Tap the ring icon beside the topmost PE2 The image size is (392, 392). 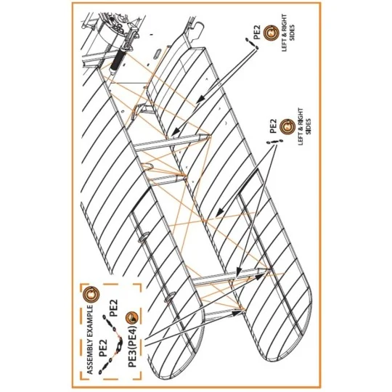(269, 30)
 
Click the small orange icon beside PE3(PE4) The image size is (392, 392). (131, 316)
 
